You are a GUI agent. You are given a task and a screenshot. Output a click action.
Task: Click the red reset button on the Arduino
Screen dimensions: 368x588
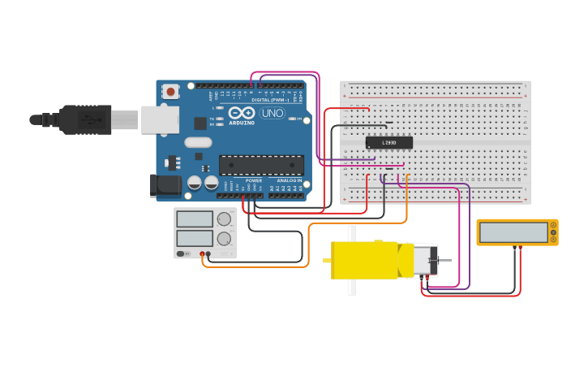click(x=171, y=92)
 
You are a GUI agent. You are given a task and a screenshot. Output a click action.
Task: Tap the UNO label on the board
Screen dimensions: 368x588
click(x=273, y=114)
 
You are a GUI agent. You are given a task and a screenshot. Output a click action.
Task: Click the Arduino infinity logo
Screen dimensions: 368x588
click(x=241, y=114)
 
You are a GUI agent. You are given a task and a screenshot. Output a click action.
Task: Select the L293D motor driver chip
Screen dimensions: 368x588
click(x=389, y=143)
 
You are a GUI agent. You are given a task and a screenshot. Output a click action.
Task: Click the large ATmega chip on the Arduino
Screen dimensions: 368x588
click(x=261, y=165)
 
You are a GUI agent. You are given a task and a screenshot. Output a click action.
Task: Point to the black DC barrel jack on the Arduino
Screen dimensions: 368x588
click(x=166, y=186)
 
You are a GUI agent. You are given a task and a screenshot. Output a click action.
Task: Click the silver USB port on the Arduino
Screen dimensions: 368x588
click(x=160, y=119)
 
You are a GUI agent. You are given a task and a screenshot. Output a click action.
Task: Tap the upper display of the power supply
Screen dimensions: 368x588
click(x=195, y=219)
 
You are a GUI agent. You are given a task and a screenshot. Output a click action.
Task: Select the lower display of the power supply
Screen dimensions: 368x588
click(x=195, y=238)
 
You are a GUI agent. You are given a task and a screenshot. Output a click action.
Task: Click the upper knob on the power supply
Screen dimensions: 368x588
click(x=225, y=219)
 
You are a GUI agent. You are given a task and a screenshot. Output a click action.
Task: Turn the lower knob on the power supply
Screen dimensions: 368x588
click(x=225, y=238)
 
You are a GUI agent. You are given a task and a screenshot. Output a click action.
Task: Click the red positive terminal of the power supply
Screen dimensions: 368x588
click(x=202, y=254)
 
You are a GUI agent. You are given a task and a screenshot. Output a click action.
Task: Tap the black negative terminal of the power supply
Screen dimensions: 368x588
click(x=208, y=254)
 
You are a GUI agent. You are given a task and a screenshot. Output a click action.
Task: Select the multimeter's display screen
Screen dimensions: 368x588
click(x=513, y=232)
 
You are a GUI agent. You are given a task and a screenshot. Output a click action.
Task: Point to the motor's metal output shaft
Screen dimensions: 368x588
click(x=445, y=260)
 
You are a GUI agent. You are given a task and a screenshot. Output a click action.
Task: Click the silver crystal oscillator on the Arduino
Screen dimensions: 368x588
click(x=198, y=142)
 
